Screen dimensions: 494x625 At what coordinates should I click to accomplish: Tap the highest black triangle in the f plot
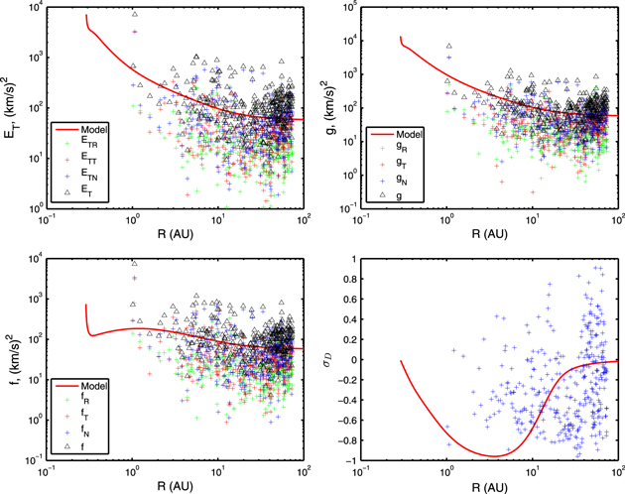tap(134, 264)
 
